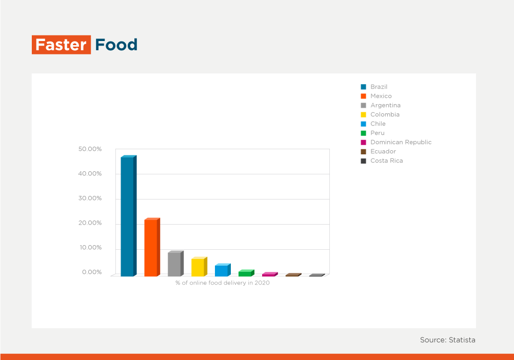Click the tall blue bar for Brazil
pyautogui.click(x=128, y=216)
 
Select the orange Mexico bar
pyautogui.click(x=152, y=247)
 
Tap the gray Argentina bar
pyautogui.click(x=176, y=264)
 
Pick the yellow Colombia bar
pyautogui.click(x=200, y=267)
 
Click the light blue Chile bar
pyautogui.click(x=223, y=270)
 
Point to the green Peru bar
pyautogui.click(x=247, y=273)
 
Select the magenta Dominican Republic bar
pyautogui.click(x=270, y=274)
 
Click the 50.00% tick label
pyautogui.click(x=90, y=149)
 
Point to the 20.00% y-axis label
pyautogui.click(x=90, y=223)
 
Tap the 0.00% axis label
pyautogui.click(x=92, y=272)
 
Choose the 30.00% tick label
pyautogui.click(x=90, y=198)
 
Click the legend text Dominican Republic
pyautogui.click(x=401, y=142)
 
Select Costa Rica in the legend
pyautogui.click(x=386, y=161)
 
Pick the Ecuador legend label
pyautogui.click(x=383, y=151)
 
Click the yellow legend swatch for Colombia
pyautogui.click(x=363, y=115)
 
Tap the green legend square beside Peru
pyautogui.click(x=363, y=133)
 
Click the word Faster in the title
pyautogui.click(x=61, y=45)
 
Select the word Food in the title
pyautogui.click(x=116, y=45)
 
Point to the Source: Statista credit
pyautogui.click(x=448, y=340)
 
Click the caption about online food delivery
pyautogui.click(x=223, y=283)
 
